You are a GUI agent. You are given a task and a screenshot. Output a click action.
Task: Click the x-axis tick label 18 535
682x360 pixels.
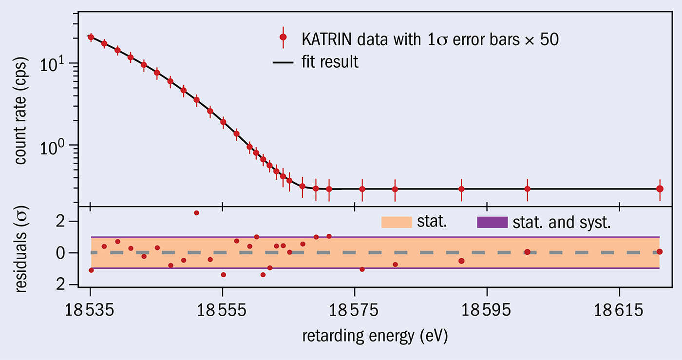(x=91, y=311)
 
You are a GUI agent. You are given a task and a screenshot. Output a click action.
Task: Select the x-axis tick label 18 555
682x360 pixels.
(x=223, y=311)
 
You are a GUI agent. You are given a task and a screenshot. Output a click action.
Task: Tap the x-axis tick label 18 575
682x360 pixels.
(x=355, y=311)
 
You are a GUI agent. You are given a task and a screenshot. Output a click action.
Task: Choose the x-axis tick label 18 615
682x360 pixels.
(x=619, y=311)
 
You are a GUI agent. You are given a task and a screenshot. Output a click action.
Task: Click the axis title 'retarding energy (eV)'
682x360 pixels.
(x=375, y=336)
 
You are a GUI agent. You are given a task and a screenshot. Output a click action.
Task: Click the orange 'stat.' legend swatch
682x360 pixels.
(x=397, y=223)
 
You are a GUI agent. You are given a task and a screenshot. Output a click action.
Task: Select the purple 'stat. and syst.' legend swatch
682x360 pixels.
(x=492, y=223)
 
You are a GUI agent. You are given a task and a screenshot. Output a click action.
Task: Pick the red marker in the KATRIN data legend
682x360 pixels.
(x=283, y=38)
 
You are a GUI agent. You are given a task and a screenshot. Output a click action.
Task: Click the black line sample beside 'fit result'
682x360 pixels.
(x=283, y=62)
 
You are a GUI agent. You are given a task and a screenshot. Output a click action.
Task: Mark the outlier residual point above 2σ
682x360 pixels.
(x=196, y=213)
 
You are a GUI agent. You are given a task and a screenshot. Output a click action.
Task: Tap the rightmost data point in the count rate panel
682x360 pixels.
(x=660, y=189)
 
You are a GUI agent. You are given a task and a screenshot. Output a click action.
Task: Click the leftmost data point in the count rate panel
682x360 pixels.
(x=91, y=37)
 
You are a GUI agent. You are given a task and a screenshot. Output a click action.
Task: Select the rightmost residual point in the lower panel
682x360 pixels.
(x=660, y=251)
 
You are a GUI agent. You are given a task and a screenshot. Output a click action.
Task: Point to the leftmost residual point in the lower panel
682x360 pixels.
(x=91, y=270)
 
